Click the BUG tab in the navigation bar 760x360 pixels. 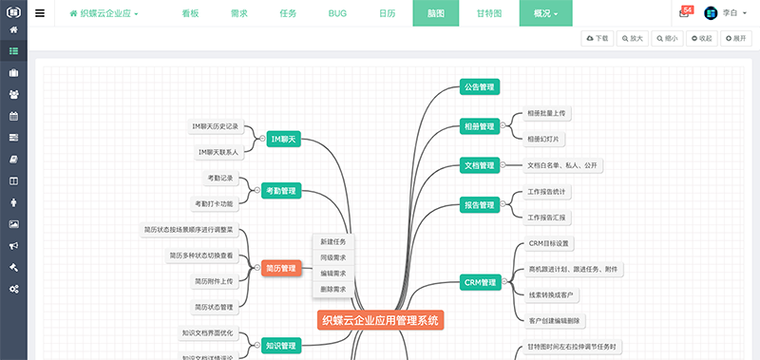pos(338,14)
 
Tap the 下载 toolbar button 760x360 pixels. pos(598,38)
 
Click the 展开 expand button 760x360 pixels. pos(734,38)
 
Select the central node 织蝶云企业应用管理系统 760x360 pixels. pos(380,321)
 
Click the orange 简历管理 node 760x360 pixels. pos(281,269)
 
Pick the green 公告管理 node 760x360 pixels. pos(479,87)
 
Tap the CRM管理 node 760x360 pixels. pos(481,282)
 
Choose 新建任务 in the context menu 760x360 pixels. pos(332,242)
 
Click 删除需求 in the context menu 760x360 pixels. pos(332,288)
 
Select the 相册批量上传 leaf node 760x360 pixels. pos(548,113)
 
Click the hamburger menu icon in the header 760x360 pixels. pos(40,14)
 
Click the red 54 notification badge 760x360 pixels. pos(688,9)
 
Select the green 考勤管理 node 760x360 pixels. pos(282,191)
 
